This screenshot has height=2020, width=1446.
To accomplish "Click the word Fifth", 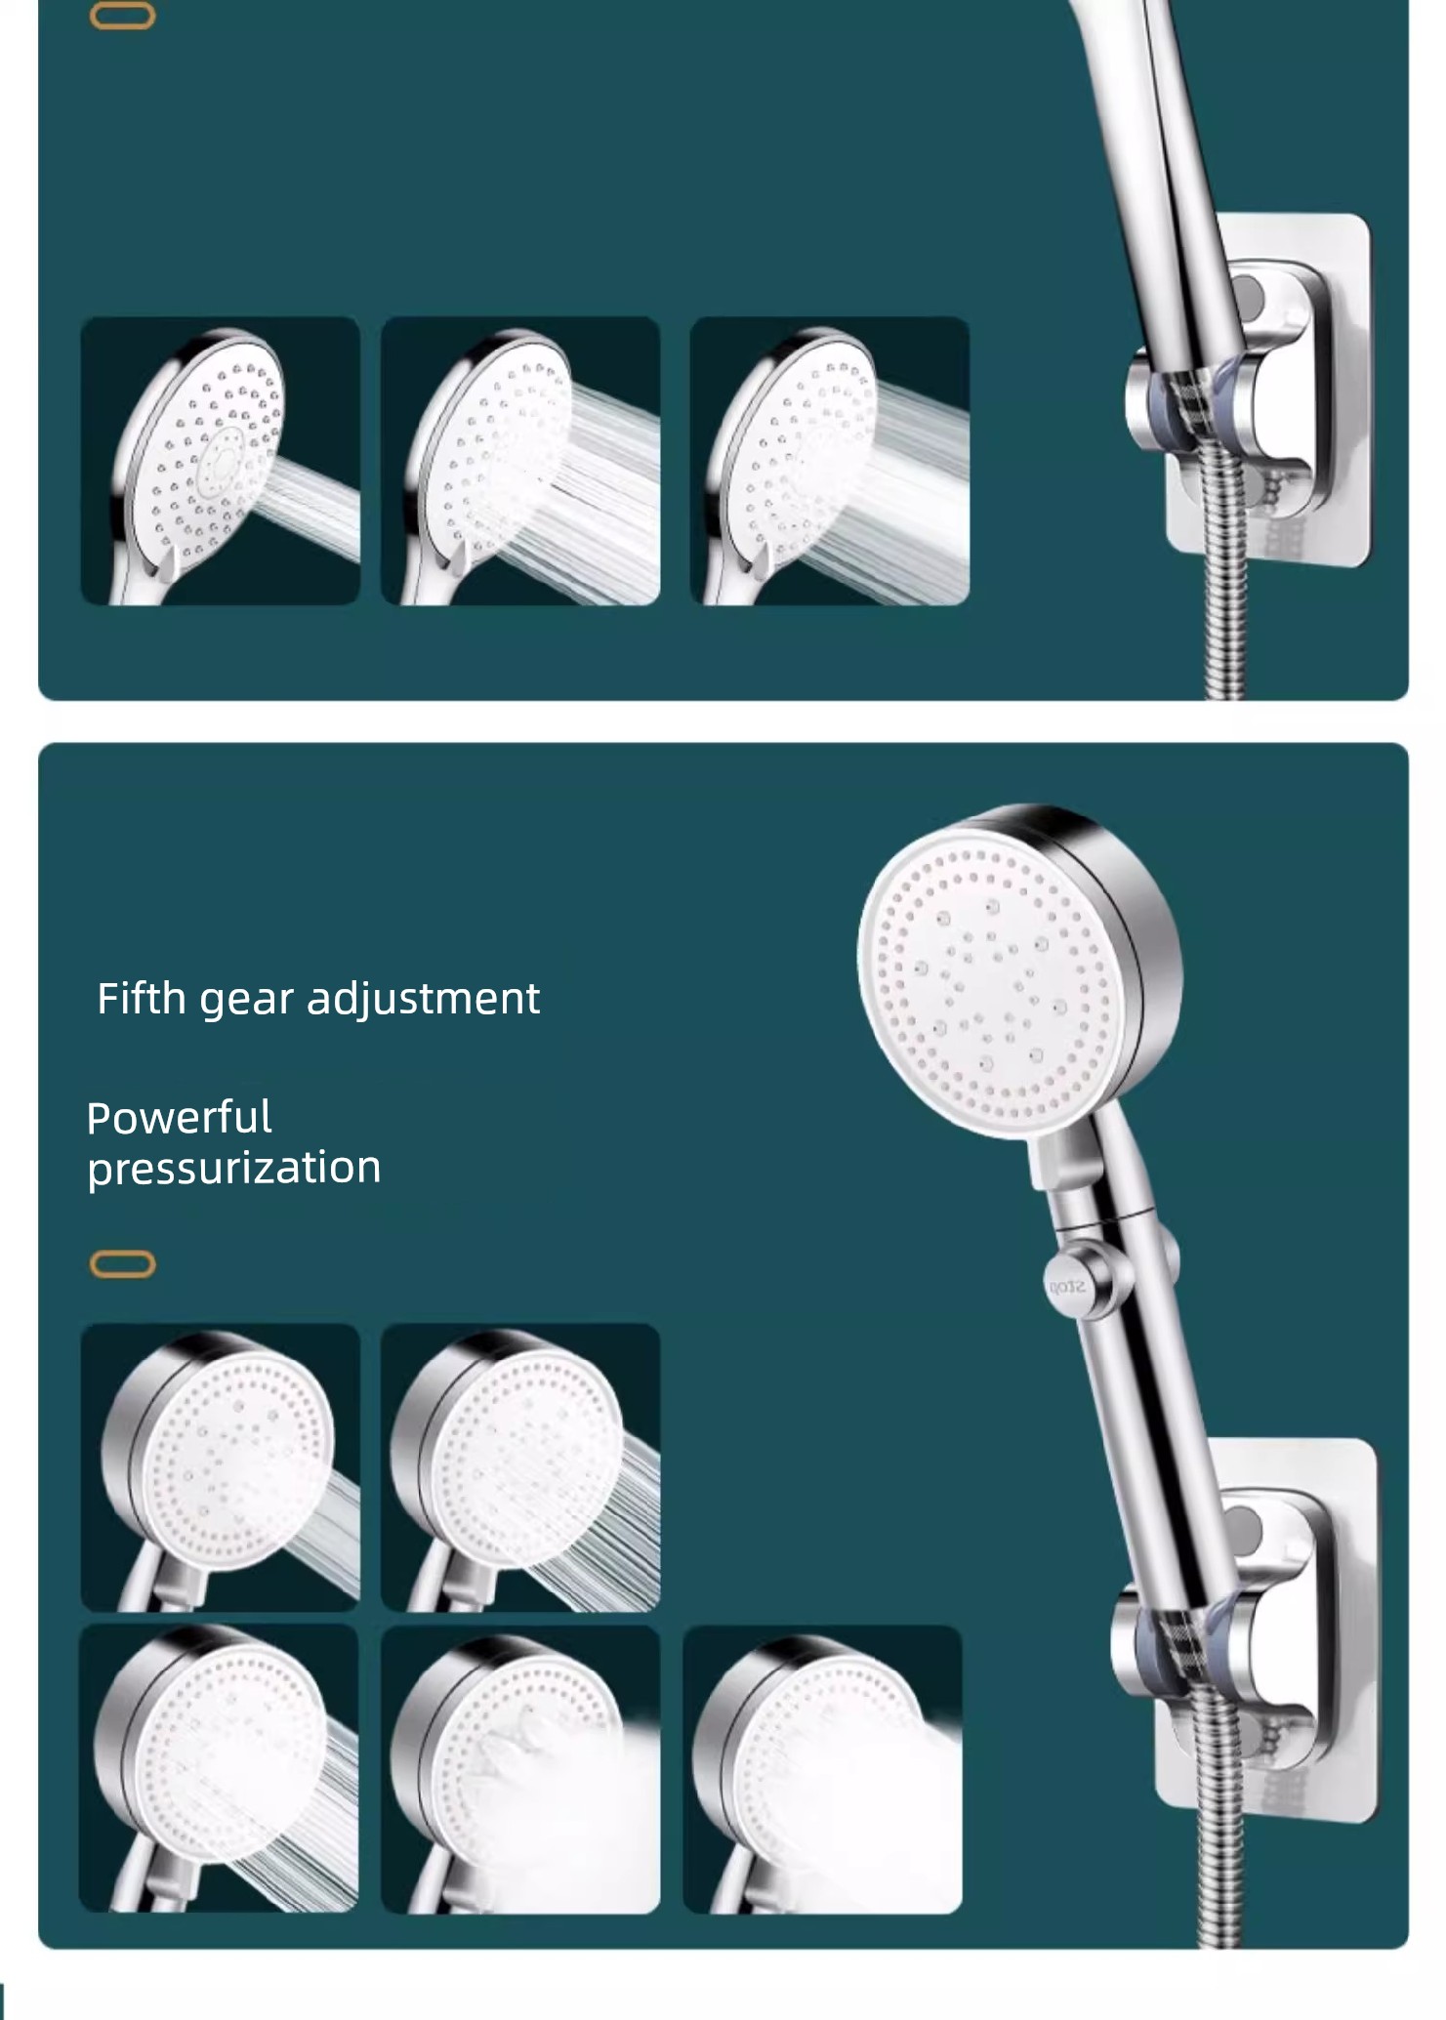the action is tap(142, 998).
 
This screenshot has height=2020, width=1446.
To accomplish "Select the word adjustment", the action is tap(423, 1000).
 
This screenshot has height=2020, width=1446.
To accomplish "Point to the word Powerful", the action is tap(179, 1118).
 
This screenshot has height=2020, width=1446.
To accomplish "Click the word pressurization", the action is tap(234, 1169).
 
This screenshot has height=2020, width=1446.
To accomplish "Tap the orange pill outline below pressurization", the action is tap(122, 1264).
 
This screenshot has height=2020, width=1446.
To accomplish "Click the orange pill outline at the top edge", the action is tap(122, 16).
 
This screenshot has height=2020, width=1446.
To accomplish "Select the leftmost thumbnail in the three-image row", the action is tap(220, 461).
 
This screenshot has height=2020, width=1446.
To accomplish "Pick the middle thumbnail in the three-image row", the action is tap(520, 461).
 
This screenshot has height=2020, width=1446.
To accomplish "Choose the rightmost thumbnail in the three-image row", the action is tap(830, 461).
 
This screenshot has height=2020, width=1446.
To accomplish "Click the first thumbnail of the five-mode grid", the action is tap(220, 1467).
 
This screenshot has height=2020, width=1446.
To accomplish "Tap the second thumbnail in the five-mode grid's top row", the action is tap(520, 1467).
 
